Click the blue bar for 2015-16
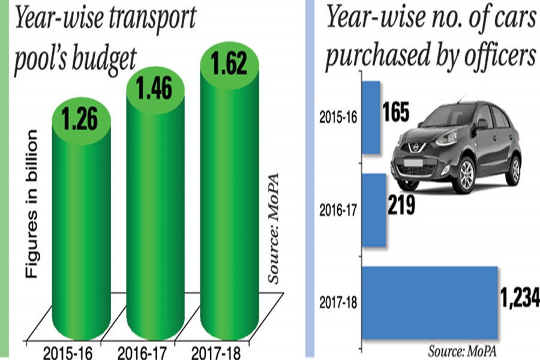coord(372,117)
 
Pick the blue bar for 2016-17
coord(374,210)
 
